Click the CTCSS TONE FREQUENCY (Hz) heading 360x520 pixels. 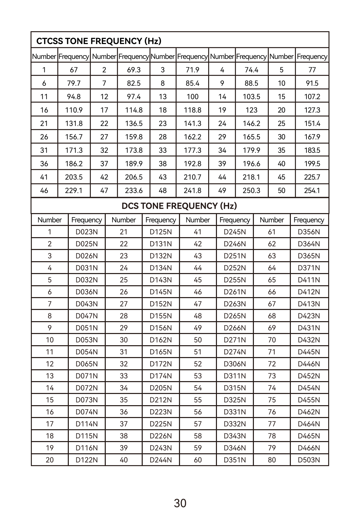coord(99,41)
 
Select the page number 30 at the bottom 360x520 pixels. coord(180,503)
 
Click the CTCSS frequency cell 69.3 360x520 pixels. coord(134,70)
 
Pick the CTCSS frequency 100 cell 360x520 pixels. coord(192,97)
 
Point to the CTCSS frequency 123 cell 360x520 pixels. coord(251,110)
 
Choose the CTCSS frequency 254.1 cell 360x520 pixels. coord(312,190)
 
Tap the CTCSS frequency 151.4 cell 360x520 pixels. coord(312,123)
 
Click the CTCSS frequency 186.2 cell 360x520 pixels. coord(74,164)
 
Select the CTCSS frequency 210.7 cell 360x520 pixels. coord(192,177)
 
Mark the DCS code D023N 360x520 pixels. coord(86,232)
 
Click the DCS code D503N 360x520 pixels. coord(309,460)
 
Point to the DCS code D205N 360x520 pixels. coord(161,388)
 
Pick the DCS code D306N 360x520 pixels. coord(235,364)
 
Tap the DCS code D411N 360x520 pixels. coord(309,280)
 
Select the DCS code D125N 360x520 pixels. coord(161,232)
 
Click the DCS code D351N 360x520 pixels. coord(235,460)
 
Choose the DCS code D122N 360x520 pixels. coord(86,460)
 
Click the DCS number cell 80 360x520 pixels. coord(272,460)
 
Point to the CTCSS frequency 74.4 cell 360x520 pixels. coord(251,70)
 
